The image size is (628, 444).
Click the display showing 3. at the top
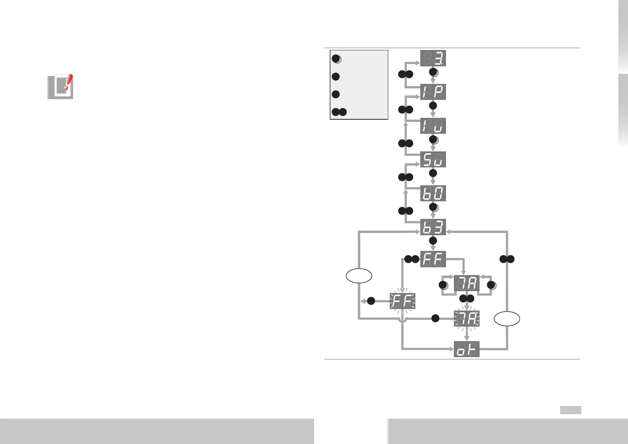point(433,58)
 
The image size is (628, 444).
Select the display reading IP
point(433,92)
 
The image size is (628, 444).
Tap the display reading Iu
point(433,126)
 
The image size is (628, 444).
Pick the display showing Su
point(433,160)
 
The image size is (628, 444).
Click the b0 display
point(433,193)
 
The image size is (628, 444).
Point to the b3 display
point(433,227)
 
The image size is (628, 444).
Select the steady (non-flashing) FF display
point(433,259)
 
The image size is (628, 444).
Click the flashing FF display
point(402,301)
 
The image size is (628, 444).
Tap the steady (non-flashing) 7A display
point(467,284)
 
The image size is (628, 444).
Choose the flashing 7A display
point(467,319)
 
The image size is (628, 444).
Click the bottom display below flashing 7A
point(467,349)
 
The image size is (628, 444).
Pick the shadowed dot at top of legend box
point(336,59)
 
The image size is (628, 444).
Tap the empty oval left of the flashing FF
point(359,276)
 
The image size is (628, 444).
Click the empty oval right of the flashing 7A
point(507,319)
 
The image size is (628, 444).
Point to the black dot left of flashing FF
point(371,301)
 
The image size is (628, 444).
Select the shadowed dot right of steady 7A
point(492,286)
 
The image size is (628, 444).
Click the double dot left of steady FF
point(412,259)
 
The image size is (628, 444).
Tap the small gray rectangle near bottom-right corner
point(571,410)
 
